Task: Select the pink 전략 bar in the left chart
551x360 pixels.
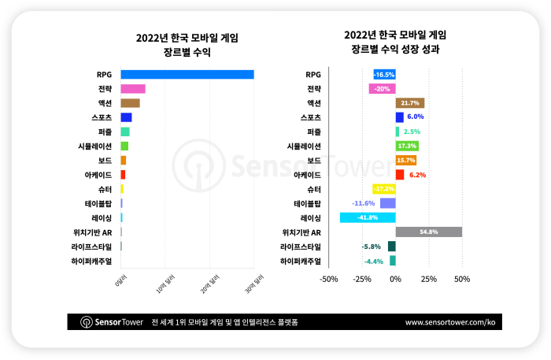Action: (133, 89)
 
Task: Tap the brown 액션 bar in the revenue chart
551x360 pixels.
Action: (130, 103)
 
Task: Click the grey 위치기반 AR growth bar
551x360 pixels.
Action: (428, 232)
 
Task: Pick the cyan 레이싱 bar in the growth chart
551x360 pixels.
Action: (368, 217)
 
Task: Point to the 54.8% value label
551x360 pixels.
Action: (429, 232)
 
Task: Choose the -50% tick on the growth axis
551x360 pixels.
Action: (330, 279)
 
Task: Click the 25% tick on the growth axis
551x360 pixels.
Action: (428, 279)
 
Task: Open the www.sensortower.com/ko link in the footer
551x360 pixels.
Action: (450, 322)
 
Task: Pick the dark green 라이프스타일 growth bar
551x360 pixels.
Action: (391, 247)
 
